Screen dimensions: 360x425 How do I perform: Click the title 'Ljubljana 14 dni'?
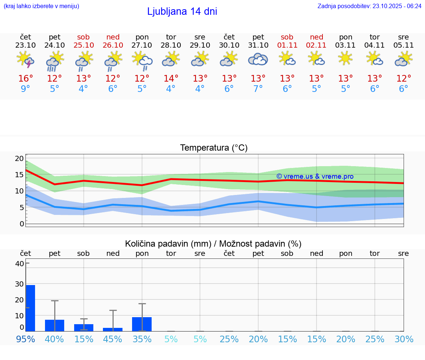pos(182,11)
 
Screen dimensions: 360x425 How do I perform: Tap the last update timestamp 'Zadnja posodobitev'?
pos(369,6)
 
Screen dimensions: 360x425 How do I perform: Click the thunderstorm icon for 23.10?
pos(25,59)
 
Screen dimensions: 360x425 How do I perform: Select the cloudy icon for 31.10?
pos(258,59)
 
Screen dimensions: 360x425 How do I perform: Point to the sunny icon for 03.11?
pos(345,58)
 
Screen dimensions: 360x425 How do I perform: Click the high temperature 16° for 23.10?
pos(25,79)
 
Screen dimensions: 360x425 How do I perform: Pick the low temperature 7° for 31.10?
pos(258,89)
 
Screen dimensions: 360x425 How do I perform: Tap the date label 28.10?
pos(171,45)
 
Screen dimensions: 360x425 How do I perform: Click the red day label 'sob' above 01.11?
pos(287,37)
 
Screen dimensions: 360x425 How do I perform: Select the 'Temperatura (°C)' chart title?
pos(214,148)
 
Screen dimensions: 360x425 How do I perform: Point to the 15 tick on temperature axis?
pos(19,175)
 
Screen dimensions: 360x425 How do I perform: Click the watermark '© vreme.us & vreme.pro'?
pos(315,176)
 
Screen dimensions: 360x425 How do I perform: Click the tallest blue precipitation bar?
pos(30,308)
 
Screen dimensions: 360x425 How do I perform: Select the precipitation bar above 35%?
pos(142,324)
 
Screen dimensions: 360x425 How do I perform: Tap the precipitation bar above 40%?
pos(55,325)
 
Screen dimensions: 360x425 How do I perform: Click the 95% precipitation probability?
pos(25,339)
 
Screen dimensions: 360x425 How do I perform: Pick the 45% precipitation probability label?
pos(113,339)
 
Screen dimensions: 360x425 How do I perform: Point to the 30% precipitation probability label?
pos(404,339)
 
